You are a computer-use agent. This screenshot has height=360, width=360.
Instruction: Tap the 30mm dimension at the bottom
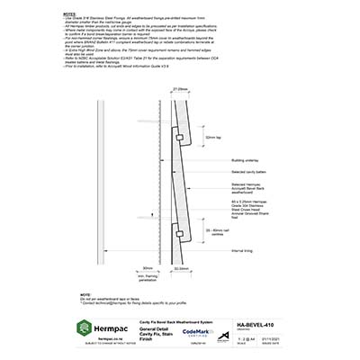click(x=148, y=267)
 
